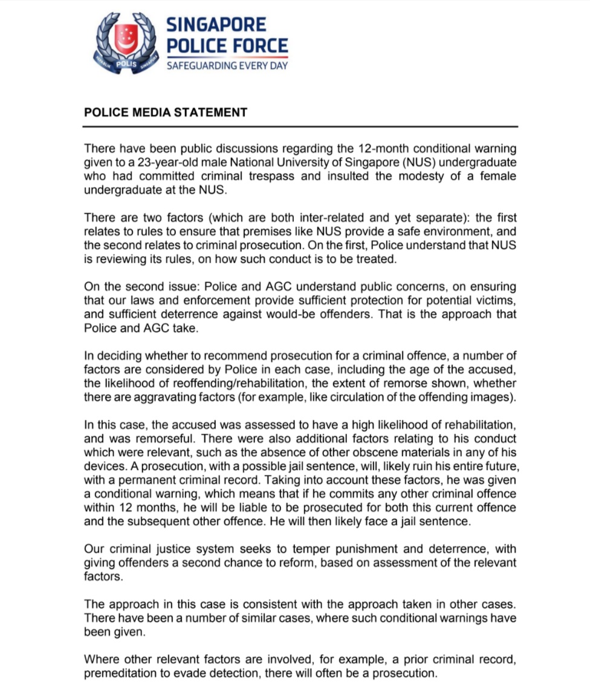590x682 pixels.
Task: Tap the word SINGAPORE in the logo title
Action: pos(216,25)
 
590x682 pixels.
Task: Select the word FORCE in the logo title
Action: pos(256,45)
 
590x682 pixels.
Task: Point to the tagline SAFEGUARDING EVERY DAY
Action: pos(227,65)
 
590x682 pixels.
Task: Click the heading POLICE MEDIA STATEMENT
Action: pos(166,112)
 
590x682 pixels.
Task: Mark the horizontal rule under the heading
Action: pos(300,127)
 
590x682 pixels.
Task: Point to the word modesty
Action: pos(438,176)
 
